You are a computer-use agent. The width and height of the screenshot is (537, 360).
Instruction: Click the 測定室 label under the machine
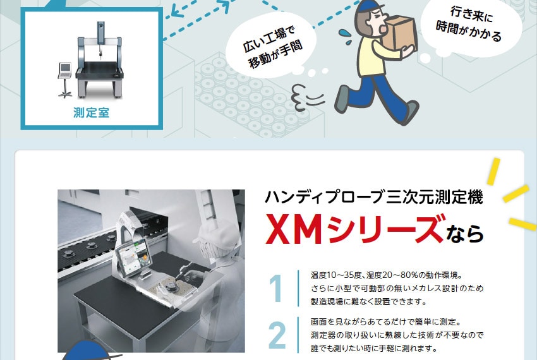[x=91, y=112]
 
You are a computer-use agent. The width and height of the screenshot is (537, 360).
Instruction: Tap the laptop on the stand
[x=65, y=70]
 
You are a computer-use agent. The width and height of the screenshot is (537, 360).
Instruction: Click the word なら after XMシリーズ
[x=465, y=234]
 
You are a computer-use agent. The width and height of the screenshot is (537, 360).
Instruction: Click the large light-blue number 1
[x=276, y=289]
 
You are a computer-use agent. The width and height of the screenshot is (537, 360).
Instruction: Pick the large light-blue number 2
[x=277, y=335]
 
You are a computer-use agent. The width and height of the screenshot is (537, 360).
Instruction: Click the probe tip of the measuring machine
[x=101, y=54]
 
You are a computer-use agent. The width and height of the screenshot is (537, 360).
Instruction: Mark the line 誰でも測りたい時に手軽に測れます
[x=374, y=349]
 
